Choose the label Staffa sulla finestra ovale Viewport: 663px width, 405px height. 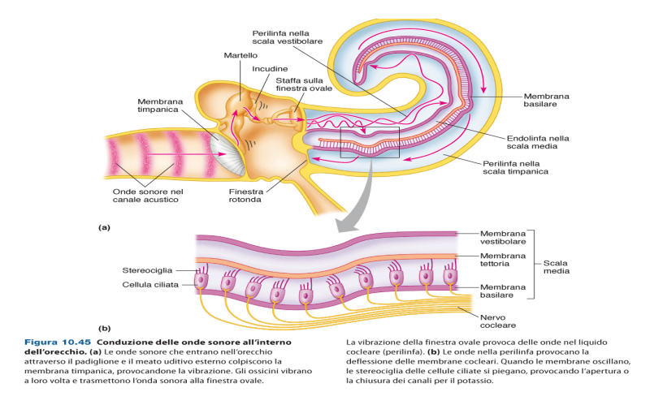pyautogui.click(x=297, y=85)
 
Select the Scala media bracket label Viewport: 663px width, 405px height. pyautogui.click(x=559, y=268)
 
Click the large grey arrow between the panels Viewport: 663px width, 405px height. pyautogui.click(x=357, y=191)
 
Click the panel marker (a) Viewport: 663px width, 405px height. pyautogui.click(x=105, y=227)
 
